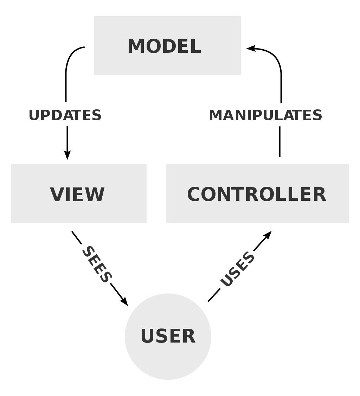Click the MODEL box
click(x=167, y=45)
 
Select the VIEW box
click(x=78, y=193)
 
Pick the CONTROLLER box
click(x=257, y=193)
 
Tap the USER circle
click(x=168, y=337)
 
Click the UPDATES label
click(x=65, y=115)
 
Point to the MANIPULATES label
click(x=265, y=115)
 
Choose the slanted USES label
click(x=238, y=269)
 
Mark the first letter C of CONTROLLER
click(x=194, y=194)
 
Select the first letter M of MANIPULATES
click(x=216, y=115)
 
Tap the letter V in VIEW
click(x=57, y=194)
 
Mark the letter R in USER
click(x=189, y=336)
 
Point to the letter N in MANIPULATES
click(x=238, y=115)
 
